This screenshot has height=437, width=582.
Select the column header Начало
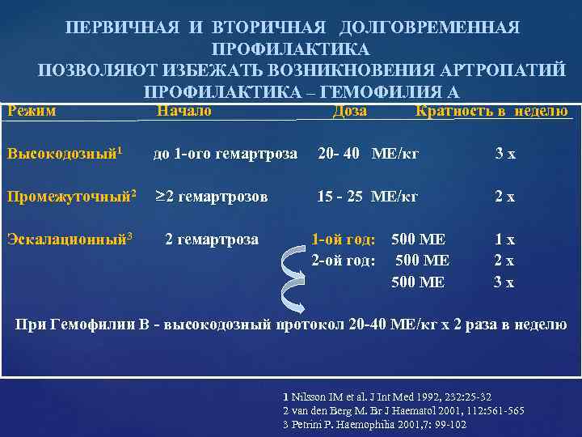183,112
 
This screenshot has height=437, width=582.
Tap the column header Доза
349,112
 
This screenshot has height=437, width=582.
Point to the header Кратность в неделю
491,112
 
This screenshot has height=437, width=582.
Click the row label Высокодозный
64,153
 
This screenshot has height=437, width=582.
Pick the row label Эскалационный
70,239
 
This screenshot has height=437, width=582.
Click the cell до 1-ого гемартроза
226,153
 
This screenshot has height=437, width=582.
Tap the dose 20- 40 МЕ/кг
368,153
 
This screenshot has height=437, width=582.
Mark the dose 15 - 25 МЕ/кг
368,196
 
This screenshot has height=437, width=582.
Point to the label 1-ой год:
344,239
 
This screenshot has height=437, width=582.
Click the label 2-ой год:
344,260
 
